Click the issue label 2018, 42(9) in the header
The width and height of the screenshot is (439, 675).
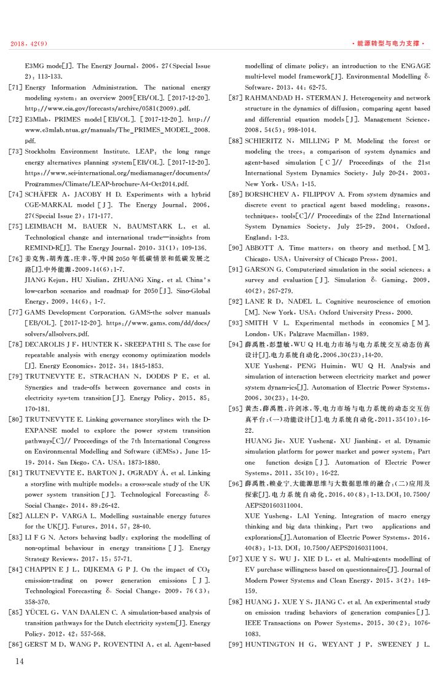click(x=30, y=44)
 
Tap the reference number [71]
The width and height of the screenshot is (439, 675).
click(x=15, y=88)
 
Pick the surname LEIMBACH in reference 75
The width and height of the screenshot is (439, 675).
click(x=44, y=226)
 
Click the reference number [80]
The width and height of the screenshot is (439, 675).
click(x=15, y=418)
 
